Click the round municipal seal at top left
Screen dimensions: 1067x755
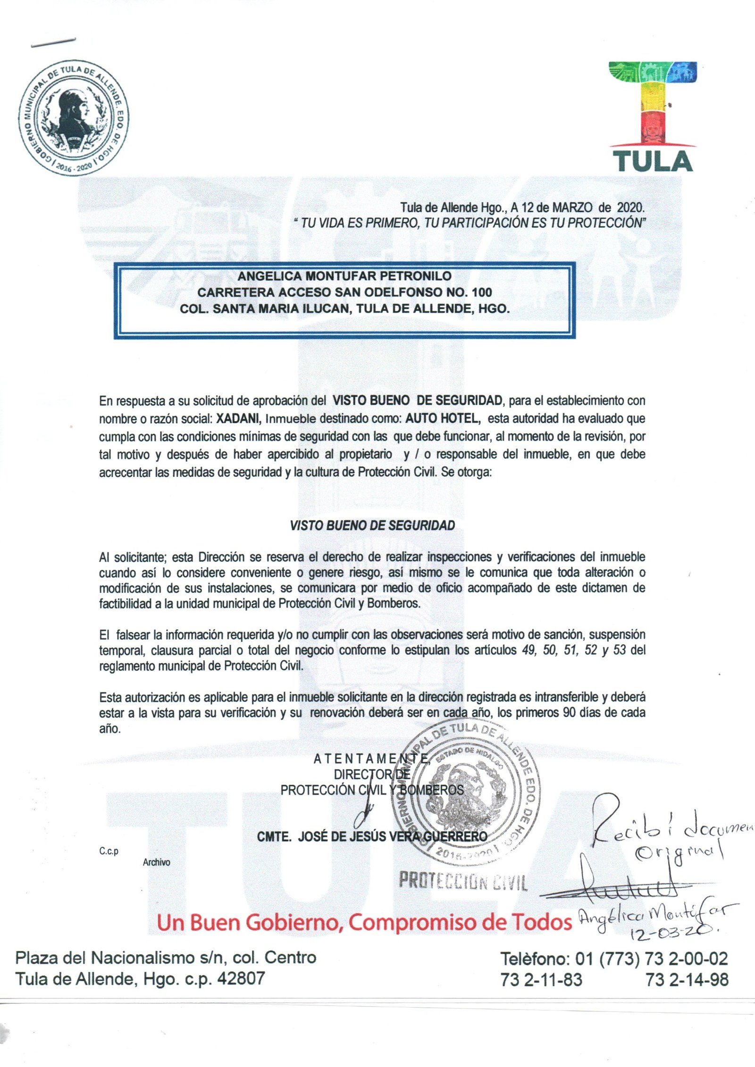point(74,117)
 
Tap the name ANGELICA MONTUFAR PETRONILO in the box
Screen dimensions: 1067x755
point(344,276)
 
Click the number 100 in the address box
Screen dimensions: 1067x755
point(481,292)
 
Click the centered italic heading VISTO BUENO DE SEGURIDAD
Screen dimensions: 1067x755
point(372,525)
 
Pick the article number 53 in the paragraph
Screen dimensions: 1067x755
point(620,650)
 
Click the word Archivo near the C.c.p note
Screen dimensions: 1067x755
point(157,862)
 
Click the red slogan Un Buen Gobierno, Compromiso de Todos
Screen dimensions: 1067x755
point(364,922)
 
